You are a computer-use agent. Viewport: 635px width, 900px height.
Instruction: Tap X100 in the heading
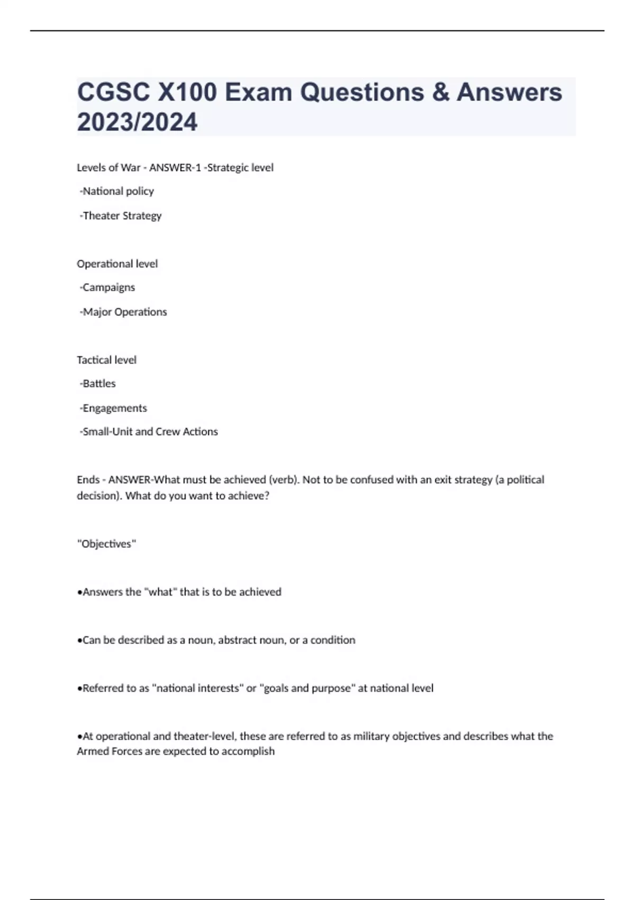pos(187,92)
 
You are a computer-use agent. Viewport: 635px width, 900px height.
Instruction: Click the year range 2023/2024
pos(137,122)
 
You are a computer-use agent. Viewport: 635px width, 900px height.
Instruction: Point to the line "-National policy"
pos(116,191)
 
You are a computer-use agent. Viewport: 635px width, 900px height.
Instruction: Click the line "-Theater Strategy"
pos(120,215)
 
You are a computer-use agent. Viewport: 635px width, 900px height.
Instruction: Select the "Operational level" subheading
pos(117,264)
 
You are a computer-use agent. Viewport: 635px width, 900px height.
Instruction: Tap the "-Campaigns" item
pos(107,287)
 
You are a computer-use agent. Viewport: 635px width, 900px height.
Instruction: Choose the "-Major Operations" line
pos(123,312)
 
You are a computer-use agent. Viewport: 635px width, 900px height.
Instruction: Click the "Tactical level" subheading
pos(106,360)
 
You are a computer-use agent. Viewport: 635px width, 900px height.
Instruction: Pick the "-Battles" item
pos(97,383)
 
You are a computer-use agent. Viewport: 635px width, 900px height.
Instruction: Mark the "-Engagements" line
pos(113,408)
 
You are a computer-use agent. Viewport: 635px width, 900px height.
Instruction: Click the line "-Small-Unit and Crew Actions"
pos(148,431)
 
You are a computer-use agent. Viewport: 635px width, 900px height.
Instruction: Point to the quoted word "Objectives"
pos(106,544)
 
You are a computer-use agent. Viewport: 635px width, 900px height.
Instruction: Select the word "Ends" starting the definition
pos(88,480)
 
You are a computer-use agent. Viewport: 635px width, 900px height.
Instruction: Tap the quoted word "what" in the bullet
pos(160,592)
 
